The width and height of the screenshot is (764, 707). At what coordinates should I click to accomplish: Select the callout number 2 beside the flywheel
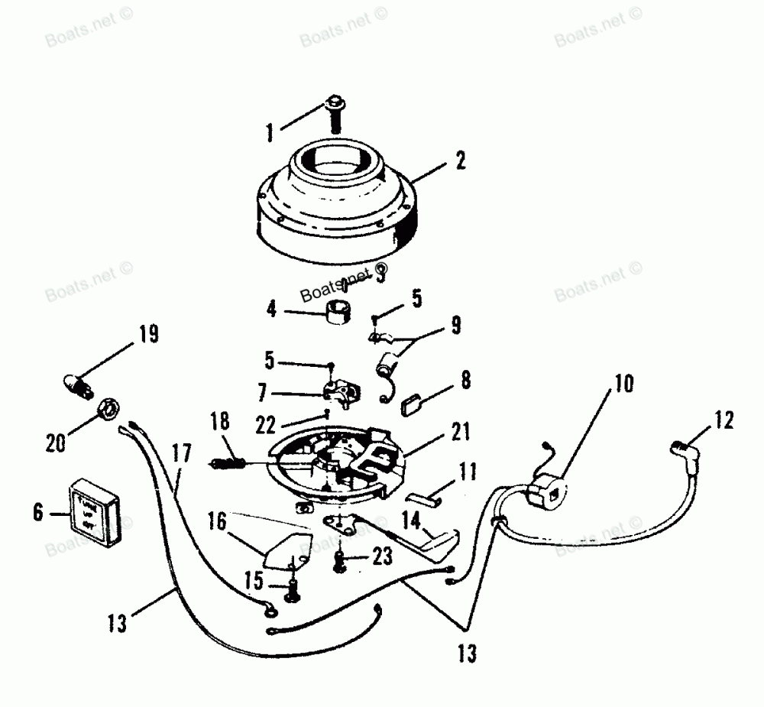coord(460,161)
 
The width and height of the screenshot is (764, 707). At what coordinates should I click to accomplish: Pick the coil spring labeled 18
coord(227,462)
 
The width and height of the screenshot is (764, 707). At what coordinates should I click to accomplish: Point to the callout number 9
coord(455,324)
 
